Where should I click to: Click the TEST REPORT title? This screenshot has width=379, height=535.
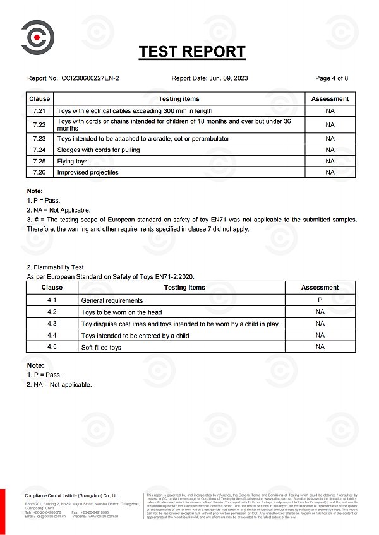tap(192, 52)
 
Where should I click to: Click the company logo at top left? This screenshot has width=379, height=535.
tap(37, 37)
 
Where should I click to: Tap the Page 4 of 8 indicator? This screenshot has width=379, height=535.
tap(332, 78)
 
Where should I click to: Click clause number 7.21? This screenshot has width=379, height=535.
tap(39, 110)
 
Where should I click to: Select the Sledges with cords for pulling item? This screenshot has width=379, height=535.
tap(99, 150)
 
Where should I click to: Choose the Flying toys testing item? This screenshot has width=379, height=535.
tap(72, 161)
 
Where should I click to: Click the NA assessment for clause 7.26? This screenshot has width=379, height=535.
tap(330, 172)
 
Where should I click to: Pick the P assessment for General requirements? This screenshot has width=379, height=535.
tap(320, 300)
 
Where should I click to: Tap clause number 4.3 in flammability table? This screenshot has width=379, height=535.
tap(52, 324)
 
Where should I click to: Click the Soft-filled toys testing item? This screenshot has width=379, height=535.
tap(101, 347)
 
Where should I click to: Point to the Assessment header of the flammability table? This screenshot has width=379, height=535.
tap(320, 287)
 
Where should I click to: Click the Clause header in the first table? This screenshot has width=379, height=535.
tap(39, 98)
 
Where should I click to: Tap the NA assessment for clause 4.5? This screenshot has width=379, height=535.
tap(320, 346)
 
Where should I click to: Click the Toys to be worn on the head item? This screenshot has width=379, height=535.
tap(121, 312)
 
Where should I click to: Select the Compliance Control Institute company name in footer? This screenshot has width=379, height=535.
tap(71, 495)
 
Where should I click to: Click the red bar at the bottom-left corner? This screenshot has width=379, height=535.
tap(3, 511)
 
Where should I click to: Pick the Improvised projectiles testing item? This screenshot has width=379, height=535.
tap(88, 172)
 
